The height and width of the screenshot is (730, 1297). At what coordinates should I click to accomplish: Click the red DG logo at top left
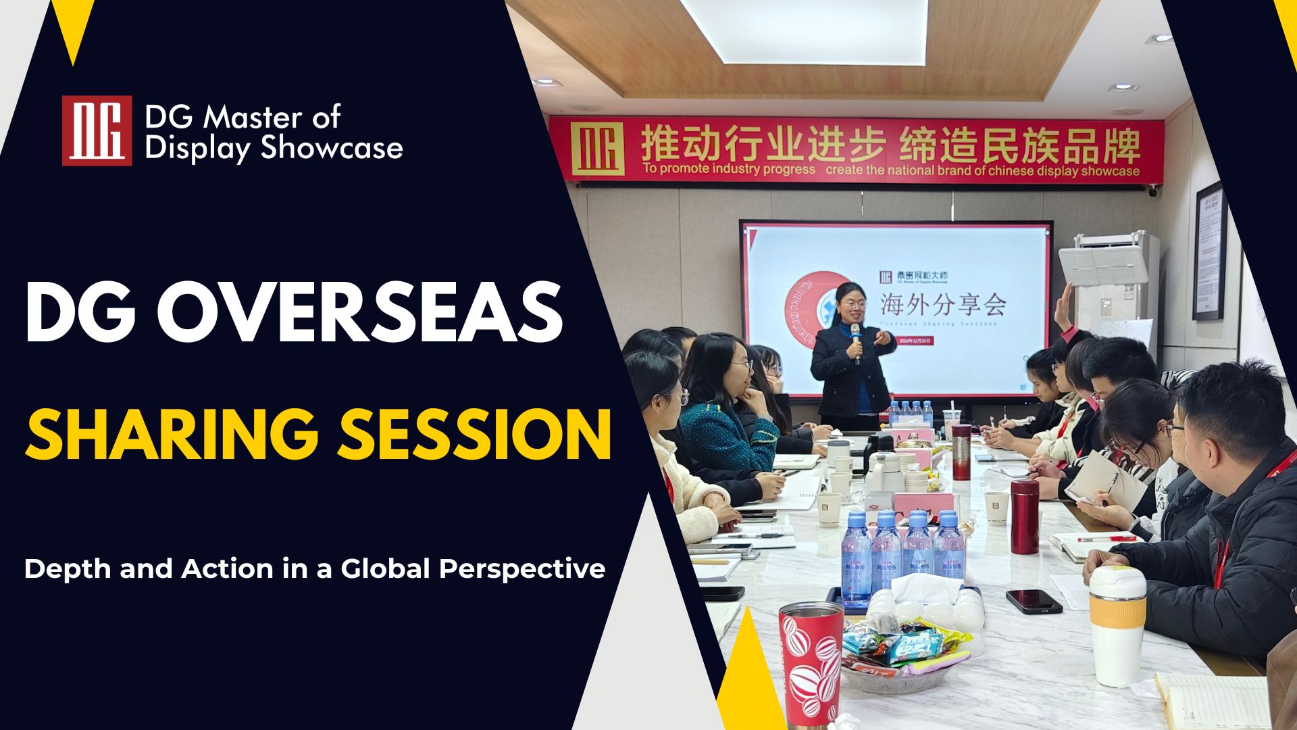coord(97,130)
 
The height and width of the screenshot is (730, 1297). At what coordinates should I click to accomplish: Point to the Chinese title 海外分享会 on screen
coord(943,306)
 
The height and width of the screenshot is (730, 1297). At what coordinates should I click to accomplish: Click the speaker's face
coord(853,308)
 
